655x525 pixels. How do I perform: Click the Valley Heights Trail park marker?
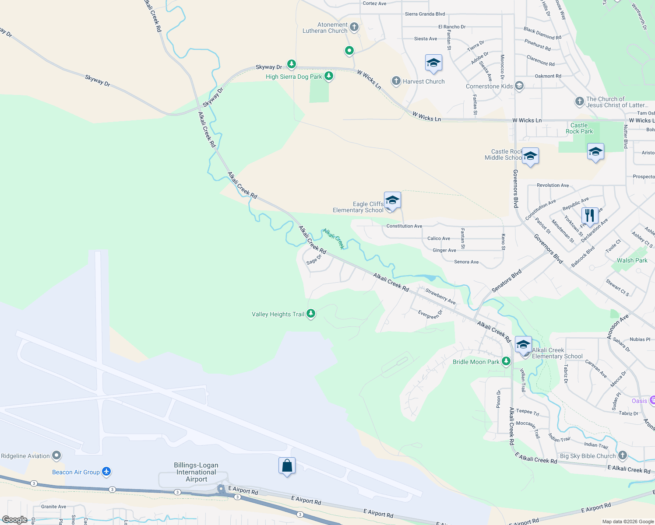click(x=311, y=313)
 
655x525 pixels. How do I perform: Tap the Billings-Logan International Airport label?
click(x=196, y=472)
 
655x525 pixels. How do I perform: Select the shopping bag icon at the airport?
click(x=287, y=466)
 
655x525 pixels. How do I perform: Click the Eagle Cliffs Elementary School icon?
click(x=392, y=200)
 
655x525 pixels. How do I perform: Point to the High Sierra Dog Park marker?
click(x=329, y=76)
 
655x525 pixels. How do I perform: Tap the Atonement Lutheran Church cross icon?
click(x=354, y=27)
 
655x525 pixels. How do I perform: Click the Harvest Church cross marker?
click(x=396, y=81)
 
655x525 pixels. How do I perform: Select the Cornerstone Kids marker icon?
click(x=519, y=86)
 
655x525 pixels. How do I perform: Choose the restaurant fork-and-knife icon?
click(x=590, y=216)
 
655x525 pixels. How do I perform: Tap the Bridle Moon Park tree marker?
click(x=506, y=361)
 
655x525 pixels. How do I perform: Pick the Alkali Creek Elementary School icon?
click(x=523, y=345)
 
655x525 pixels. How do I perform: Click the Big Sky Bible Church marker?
click(x=623, y=455)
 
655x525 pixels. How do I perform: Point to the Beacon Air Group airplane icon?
click(x=106, y=472)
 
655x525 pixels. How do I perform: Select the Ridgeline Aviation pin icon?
click(x=56, y=455)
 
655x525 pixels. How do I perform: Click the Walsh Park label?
click(x=632, y=260)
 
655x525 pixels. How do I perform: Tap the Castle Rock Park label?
click(x=579, y=128)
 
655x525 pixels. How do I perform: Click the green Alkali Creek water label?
click(x=334, y=238)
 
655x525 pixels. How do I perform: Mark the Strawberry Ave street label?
click(x=440, y=296)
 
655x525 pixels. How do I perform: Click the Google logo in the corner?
click(x=15, y=520)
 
